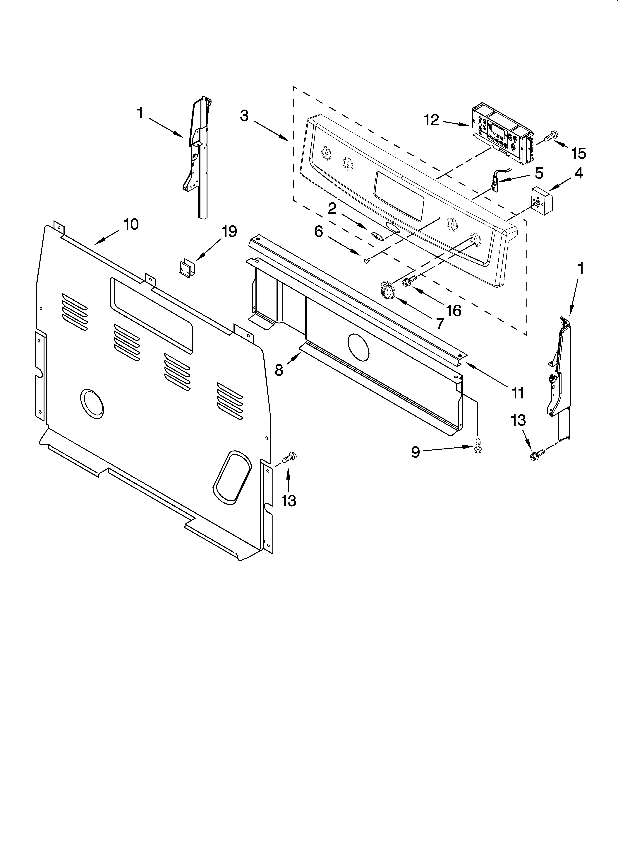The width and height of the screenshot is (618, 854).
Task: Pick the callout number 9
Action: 415,452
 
